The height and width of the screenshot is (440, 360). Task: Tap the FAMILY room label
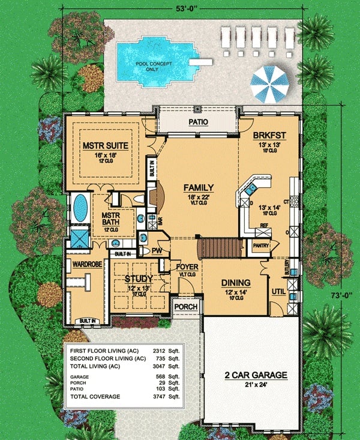[199, 187]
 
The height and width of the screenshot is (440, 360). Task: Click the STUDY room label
[139, 279]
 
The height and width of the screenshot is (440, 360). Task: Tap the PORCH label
[185, 307]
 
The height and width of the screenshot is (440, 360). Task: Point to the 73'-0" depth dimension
[346, 280]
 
